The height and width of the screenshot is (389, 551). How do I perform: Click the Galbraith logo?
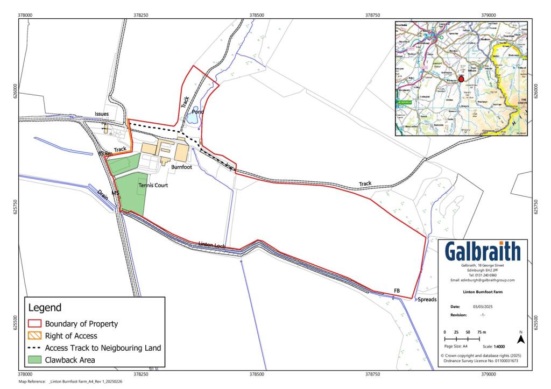(483, 251)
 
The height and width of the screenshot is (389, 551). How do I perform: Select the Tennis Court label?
(153, 185)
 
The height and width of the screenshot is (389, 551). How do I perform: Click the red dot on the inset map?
(461, 79)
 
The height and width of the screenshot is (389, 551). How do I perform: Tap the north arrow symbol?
(520, 338)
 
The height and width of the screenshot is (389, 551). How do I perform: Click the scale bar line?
(462, 340)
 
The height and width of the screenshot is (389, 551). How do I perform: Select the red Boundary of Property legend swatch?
(35, 324)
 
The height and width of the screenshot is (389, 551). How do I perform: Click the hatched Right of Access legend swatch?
(35, 336)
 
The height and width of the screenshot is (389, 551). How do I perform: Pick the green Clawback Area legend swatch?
(35, 360)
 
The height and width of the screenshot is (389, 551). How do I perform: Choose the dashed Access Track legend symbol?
(35, 348)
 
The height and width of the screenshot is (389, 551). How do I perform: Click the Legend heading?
(45, 308)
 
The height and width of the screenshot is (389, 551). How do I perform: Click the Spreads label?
(427, 299)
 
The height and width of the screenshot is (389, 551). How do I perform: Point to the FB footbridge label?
(397, 291)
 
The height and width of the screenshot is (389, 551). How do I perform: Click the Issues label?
(102, 114)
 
